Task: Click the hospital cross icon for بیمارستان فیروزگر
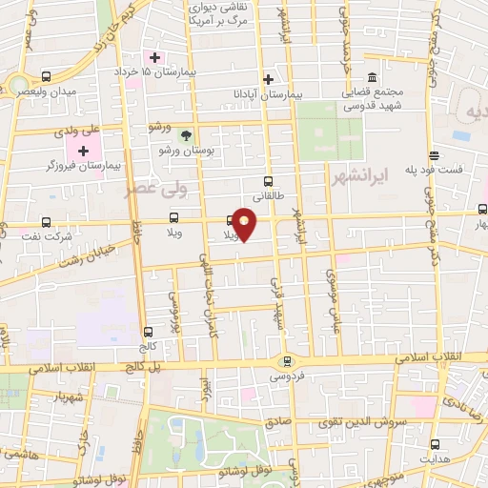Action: click(83, 151)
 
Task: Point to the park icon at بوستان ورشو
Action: click(188, 134)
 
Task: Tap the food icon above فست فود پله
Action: click(434, 155)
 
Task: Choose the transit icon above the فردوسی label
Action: click(287, 360)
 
